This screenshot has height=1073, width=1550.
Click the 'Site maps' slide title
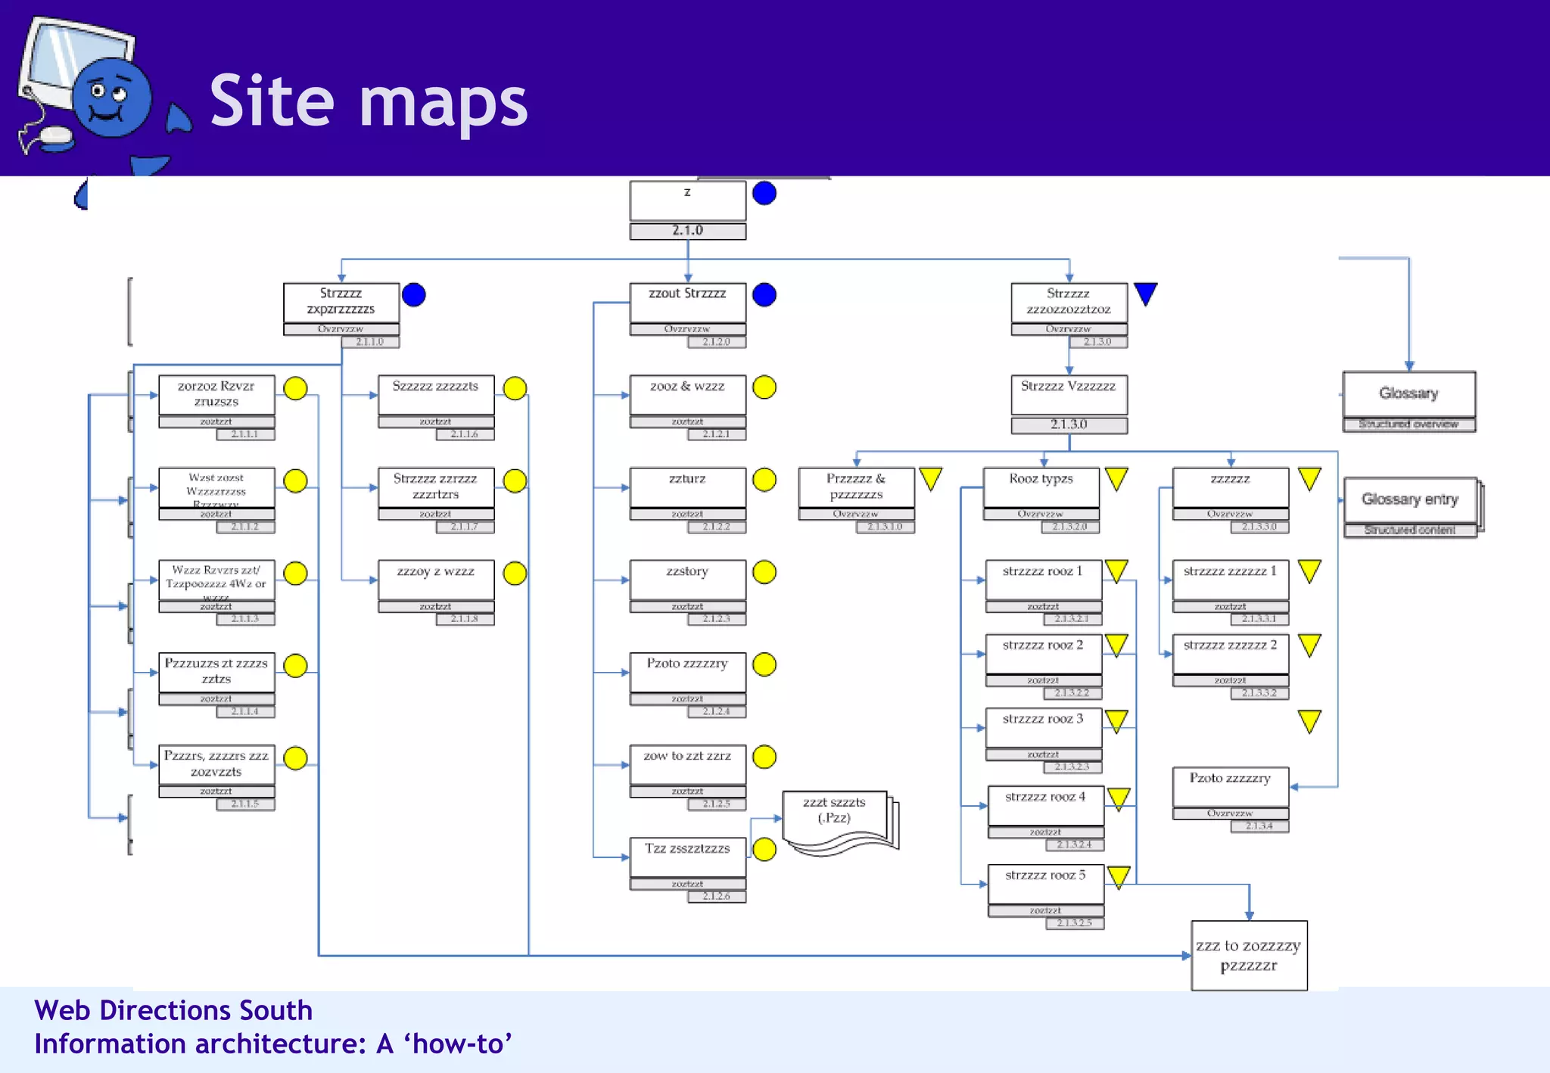pos(369,101)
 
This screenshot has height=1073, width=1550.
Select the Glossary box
pos(1408,393)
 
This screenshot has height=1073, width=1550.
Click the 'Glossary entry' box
pos(1410,499)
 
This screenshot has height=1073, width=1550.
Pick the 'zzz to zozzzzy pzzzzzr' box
pos(1249,955)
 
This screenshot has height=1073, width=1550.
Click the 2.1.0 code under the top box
pos(687,231)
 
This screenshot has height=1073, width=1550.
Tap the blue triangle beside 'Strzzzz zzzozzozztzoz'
pos(1146,294)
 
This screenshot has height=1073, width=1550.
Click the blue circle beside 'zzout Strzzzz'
pos(764,294)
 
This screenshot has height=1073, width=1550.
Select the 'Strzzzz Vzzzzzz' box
pos(1069,394)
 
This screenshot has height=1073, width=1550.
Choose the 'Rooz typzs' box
pos(1041,487)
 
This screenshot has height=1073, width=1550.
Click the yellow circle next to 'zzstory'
pos(764,572)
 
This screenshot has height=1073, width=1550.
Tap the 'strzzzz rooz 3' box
pos(1043,726)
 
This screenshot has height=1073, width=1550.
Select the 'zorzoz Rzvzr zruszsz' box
pos(216,394)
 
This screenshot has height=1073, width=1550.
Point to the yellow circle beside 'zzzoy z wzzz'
pos(515,574)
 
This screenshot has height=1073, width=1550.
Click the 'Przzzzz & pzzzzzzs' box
pos(856,487)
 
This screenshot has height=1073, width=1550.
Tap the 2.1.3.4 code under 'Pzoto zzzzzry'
pos(1259,826)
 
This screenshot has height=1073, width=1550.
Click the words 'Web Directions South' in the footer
pos(173,1011)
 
